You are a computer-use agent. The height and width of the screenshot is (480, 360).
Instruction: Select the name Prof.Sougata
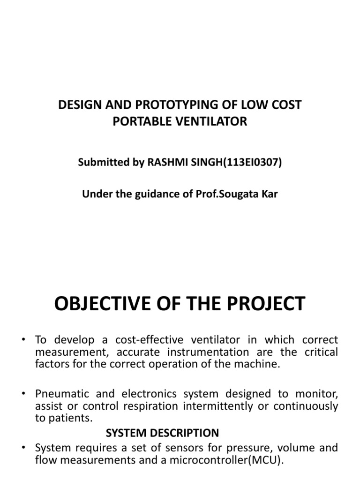point(232,194)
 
